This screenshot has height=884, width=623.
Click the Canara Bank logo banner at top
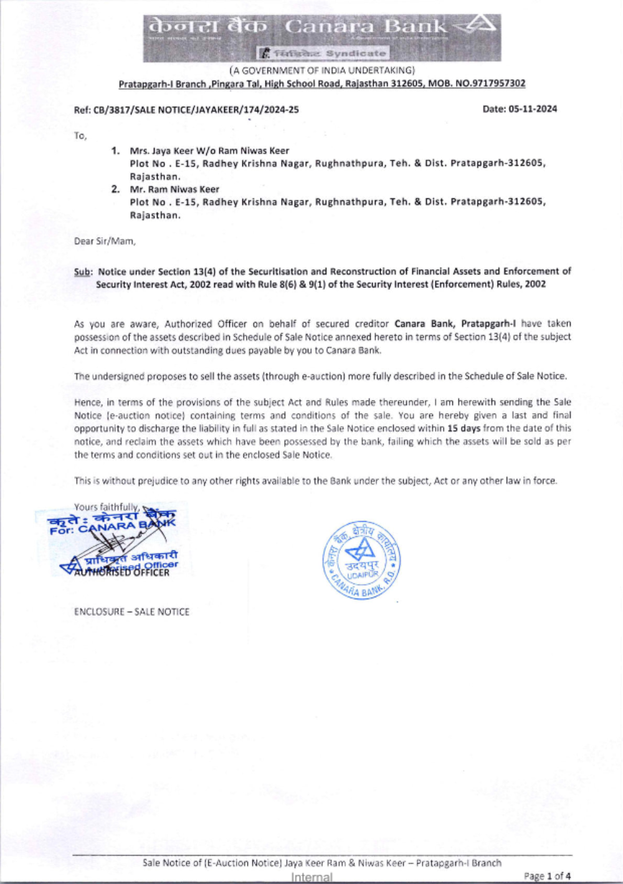point(321,38)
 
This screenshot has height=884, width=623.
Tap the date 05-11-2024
point(533,109)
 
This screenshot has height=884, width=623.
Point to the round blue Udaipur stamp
point(361,560)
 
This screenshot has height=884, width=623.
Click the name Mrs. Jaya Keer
point(161,151)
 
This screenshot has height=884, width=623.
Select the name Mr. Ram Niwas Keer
point(174,190)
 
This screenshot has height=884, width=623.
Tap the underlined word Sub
point(82,272)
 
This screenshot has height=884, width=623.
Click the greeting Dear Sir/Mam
point(105,241)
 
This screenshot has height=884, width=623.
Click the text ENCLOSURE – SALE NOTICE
point(131,612)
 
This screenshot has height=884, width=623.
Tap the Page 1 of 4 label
point(546,876)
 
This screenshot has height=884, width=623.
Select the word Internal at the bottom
point(311,877)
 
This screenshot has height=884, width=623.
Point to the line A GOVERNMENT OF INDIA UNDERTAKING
point(321,70)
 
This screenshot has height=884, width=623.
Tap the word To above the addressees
point(80,135)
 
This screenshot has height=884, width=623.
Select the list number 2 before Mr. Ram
point(115,190)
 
